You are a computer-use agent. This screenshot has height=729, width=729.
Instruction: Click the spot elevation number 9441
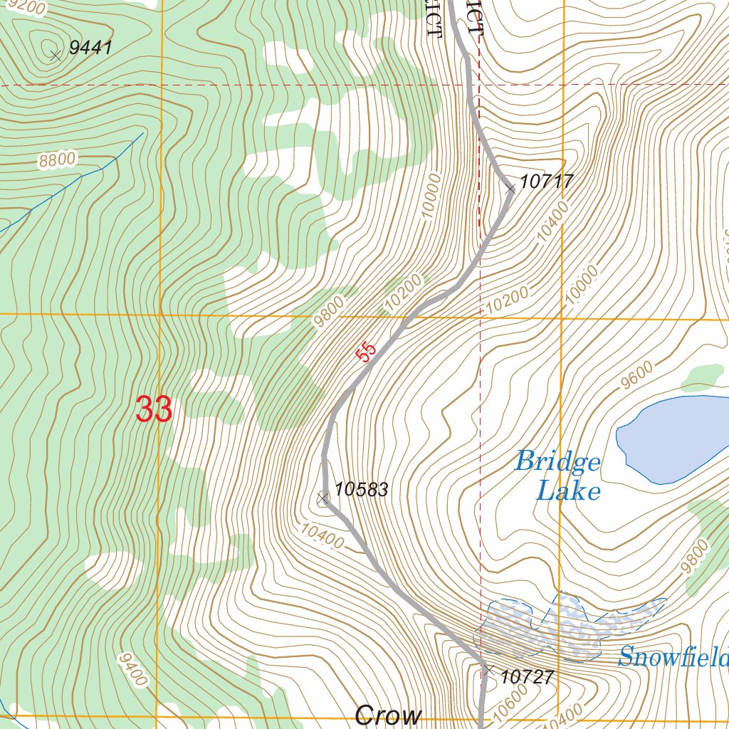[x=90, y=48]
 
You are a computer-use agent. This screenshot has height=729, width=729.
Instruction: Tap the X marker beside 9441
[x=56, y=55]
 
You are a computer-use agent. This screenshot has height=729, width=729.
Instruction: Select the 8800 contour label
[x=57, y=160]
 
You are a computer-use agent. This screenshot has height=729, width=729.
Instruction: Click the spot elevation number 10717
[x=546, y=182]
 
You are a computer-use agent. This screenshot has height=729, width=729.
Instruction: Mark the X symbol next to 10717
[x=510, y=189]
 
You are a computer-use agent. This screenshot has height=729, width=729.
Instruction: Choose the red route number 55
[x=366, y=352]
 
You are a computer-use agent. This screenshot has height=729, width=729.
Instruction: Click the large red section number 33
[x=154, y=410]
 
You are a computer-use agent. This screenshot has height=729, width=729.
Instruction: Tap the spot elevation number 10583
[x=361, y=490]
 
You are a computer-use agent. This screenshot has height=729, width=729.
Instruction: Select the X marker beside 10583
[x=322, y=498]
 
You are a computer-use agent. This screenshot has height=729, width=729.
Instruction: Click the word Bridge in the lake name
[x=557, y=462]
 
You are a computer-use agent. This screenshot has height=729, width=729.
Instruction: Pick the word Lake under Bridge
[x=568, y=491]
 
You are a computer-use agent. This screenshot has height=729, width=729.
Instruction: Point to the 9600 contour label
[x=636, y=375]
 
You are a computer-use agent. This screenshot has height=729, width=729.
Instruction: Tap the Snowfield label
[x=673, y=656]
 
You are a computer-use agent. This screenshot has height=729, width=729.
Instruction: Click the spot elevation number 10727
[x=527, y=677]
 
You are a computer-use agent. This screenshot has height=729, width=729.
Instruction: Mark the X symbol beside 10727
[x=487, y=670]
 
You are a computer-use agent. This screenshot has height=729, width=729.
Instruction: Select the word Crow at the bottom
[x=388, y=715]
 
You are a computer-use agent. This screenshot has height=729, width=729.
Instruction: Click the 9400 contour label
[x=133, y=670]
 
